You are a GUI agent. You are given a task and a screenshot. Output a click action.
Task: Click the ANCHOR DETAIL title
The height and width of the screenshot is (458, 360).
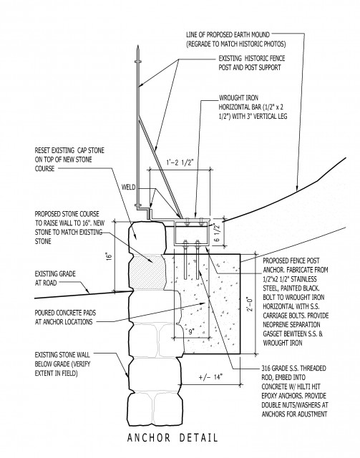point(172,437)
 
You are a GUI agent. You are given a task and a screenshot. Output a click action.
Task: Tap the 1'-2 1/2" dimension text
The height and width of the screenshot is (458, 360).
point(180,162)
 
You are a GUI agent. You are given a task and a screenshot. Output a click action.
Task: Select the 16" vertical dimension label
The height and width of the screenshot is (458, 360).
point(110,256)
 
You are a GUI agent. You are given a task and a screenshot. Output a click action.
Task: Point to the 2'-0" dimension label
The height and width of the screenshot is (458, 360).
point(250,304)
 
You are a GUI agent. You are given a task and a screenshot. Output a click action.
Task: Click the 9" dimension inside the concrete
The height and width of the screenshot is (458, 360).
point(191,332)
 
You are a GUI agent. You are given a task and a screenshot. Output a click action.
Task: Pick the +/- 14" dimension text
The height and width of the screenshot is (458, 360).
point(210,377)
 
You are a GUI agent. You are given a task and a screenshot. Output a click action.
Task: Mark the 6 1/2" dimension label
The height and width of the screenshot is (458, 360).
point(216,233)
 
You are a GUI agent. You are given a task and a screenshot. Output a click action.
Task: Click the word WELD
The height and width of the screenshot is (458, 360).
point(128,187)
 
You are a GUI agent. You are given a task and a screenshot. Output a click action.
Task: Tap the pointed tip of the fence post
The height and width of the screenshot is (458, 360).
point(137,46)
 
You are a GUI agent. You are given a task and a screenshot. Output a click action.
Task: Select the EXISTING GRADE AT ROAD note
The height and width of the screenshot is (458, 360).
point(55,278)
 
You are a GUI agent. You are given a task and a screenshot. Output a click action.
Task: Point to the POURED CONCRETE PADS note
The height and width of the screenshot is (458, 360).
point(65,318)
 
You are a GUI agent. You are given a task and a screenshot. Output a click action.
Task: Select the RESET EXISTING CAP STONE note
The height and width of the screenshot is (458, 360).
point(69,160)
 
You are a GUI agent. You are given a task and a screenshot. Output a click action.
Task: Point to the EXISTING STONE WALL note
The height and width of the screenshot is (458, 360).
point(62,364)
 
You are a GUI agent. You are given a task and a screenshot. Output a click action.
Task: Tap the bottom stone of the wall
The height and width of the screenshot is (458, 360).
point(153,409)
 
